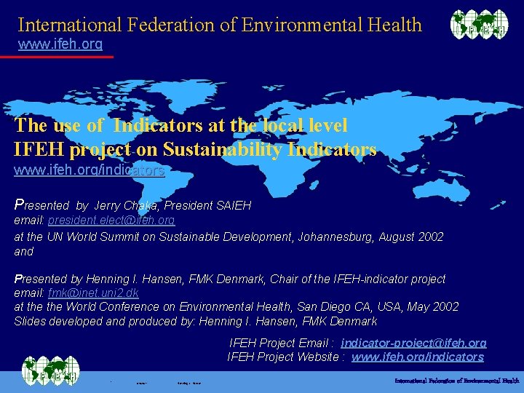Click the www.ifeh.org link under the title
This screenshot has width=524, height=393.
click(x=60, y=44)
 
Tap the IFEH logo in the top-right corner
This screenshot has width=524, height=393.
click(x=479, y=25)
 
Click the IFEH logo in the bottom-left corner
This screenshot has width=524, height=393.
click(x=49, y=373)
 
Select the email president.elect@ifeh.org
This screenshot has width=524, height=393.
click(x=111, y=220)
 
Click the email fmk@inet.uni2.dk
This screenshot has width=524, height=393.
click(x=93, y=293)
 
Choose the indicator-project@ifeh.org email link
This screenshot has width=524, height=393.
click(x=413, y=343)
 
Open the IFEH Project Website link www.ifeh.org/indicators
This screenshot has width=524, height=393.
click(x=417, y=357)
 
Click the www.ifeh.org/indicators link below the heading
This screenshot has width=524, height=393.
click(x=89, y=171)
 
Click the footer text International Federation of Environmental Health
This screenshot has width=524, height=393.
click(x=456, y=381)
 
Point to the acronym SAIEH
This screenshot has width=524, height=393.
click(x=232, y=206)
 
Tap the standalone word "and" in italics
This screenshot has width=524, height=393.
click(x=24, y=251)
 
